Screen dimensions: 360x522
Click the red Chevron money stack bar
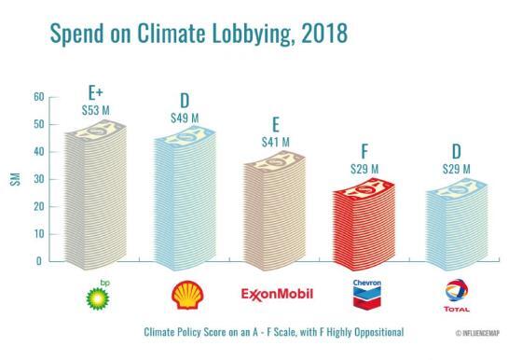click(x=366, y=225)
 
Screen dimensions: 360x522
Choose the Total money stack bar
click(x=457, y=225)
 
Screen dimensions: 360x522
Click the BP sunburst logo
click(x=96, y=296)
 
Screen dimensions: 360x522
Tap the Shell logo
click(x=185, y=296)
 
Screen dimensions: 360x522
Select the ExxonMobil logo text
click(x=276, y=296)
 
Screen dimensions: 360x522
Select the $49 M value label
click(x=185, y=118)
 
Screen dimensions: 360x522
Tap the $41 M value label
click(x=276, y=142)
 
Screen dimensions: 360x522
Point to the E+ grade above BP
click(x=95, y=94)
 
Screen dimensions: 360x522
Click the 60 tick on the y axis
click(x=39, y=97)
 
